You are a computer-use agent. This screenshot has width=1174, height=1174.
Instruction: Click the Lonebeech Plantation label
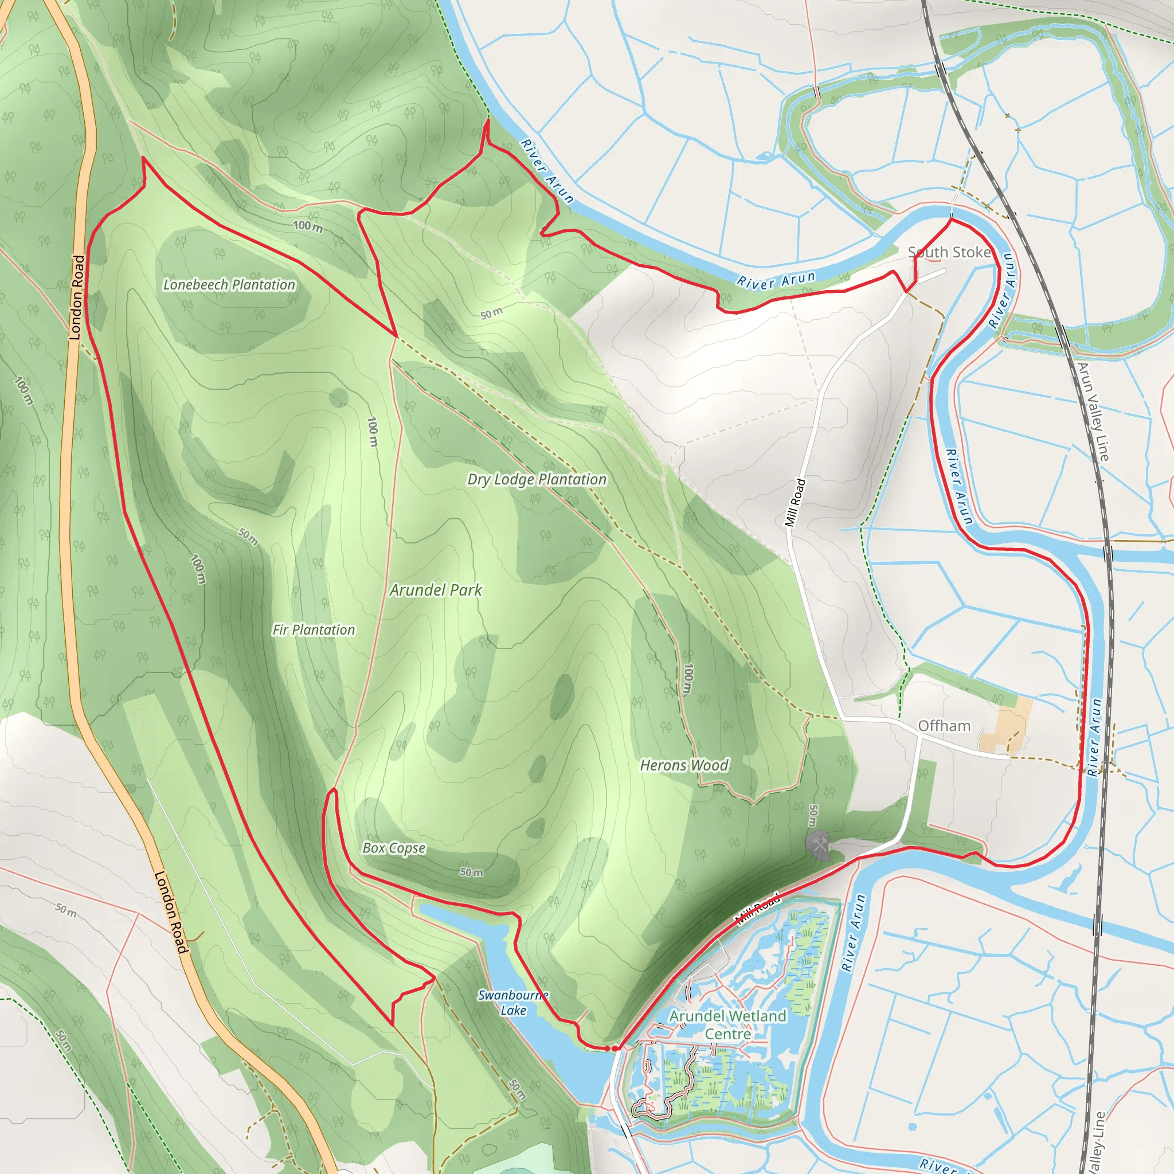point(229,284)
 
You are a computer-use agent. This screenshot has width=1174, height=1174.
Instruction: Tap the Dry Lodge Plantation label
point(537,479)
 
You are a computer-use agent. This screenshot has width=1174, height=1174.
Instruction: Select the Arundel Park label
point(436,590)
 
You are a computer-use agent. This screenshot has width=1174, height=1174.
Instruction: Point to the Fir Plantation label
point(314,629)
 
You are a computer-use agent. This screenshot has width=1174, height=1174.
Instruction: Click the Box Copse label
point(394,848)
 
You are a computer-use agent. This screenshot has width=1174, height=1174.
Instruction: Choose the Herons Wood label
point(684,765)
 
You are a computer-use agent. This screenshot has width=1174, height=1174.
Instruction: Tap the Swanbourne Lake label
point(513,1003)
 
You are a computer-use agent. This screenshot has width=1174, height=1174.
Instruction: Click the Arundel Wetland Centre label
point(728,1024)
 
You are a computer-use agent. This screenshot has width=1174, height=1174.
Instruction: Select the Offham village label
point(944,726)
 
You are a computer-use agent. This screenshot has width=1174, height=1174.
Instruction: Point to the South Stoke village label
point(949,252)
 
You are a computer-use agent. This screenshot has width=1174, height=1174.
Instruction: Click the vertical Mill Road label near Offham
point(795,503)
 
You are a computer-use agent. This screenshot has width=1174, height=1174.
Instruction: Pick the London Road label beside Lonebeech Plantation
point(77,297)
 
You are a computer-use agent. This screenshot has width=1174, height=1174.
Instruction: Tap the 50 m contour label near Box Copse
point(472,872)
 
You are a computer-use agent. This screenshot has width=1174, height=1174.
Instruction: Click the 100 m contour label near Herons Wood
point(687,678)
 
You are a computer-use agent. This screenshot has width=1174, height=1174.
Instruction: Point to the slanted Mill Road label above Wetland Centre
point(758,909)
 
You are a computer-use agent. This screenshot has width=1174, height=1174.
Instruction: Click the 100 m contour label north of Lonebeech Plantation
point(308,226)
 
